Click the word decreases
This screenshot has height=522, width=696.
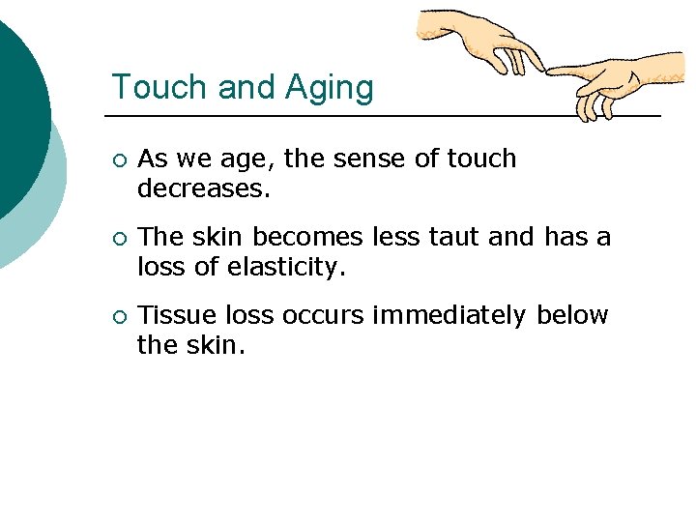(x=204, y=188)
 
